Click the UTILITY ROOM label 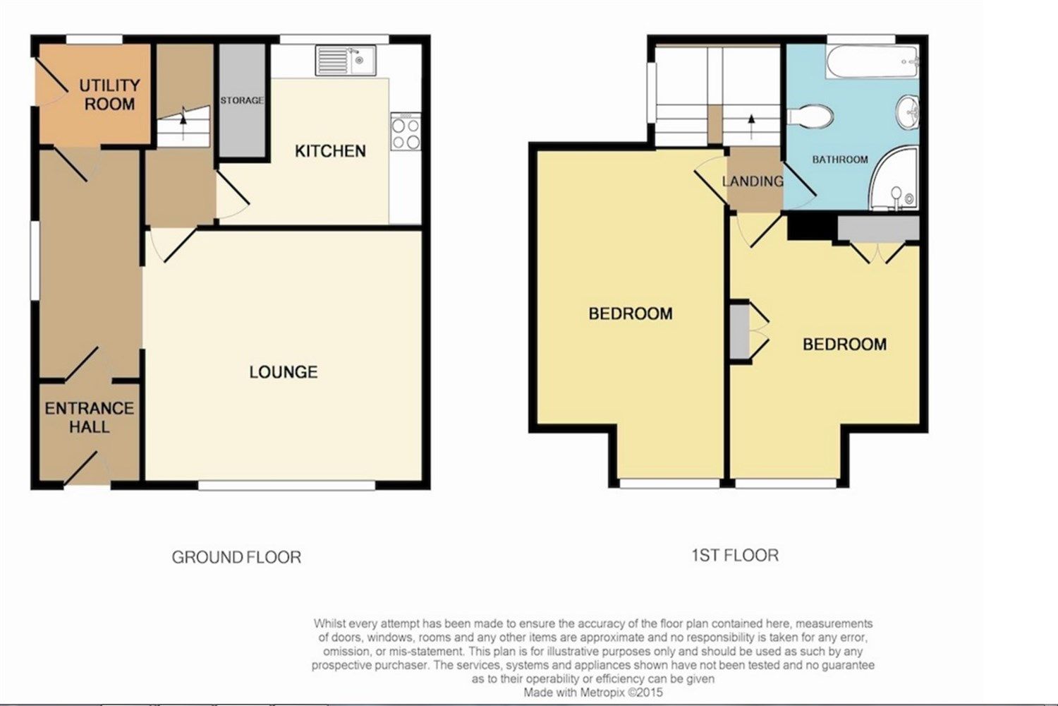click(109, 95)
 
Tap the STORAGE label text click(242, 101)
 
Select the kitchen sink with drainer click(346, 61)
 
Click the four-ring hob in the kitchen click(406, 131)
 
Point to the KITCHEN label click(330, 151)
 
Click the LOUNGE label click(284, 372)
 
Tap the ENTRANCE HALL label click(90, 417)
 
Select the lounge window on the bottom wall click(286, 485)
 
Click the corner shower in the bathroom click(894, 179)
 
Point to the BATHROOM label click(840, 160)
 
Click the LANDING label click(753, 181)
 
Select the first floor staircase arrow click(751, 126)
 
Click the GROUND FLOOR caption click(236, 558)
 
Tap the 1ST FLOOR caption click(735, 555)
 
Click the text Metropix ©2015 click(621, 693)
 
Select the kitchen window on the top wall click(334, 40)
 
